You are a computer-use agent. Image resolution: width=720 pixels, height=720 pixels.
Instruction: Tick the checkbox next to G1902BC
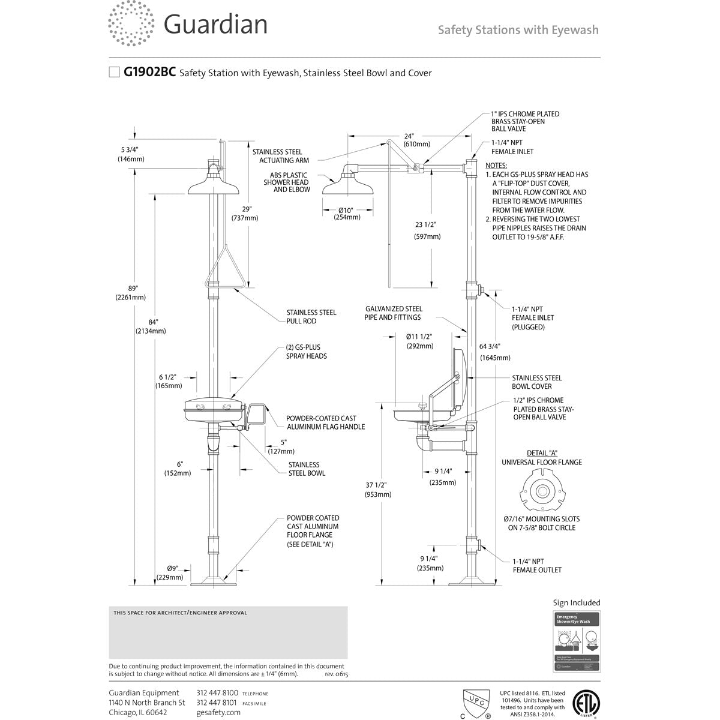[x=114, y=73]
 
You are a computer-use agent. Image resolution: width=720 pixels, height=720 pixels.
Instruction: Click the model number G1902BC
[x=149, y=73]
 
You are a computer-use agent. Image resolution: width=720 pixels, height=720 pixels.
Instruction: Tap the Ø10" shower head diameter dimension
[x=347, y=213]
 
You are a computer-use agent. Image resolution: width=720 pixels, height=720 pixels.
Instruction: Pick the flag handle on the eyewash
[x=256, y=415]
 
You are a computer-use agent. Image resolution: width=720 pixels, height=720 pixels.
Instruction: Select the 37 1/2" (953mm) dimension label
[x=377, y=490]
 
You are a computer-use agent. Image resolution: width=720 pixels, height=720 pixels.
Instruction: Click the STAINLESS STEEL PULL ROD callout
[x=311, y=317]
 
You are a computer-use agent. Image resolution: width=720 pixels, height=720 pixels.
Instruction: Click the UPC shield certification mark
[x=476, y=703]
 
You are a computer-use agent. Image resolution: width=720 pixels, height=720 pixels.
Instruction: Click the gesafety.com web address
[x=218, y=712]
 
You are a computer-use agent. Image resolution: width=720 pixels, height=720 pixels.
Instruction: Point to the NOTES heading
[x=496, y=165]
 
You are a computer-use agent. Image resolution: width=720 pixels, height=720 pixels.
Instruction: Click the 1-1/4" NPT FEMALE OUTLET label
[x=537, y=566]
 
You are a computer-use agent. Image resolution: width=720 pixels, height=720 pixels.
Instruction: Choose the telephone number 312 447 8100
[x=217, y=693]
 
